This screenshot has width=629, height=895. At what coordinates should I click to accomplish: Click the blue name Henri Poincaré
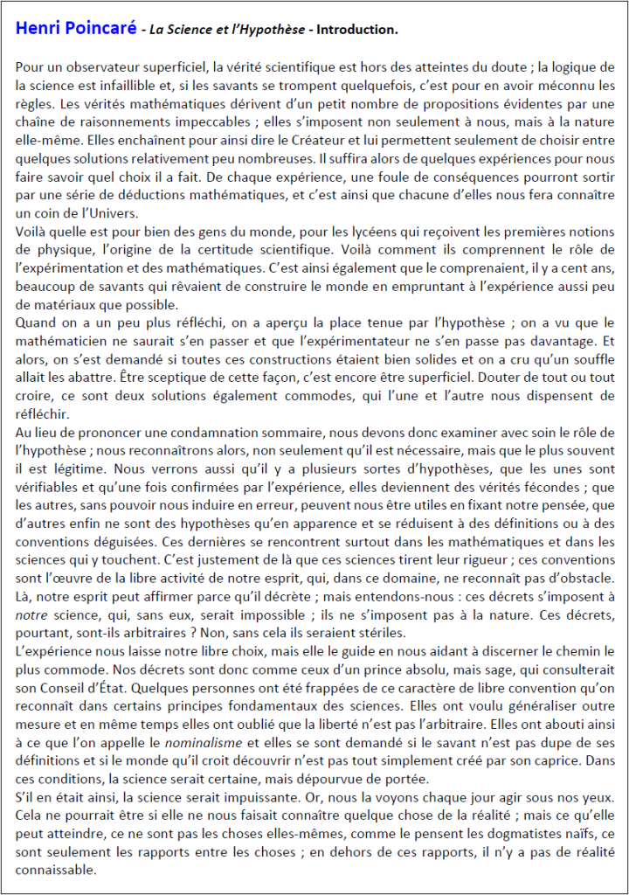75,29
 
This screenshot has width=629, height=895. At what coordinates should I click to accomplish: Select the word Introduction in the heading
357,30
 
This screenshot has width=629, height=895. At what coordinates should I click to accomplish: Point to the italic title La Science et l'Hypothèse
228,30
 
